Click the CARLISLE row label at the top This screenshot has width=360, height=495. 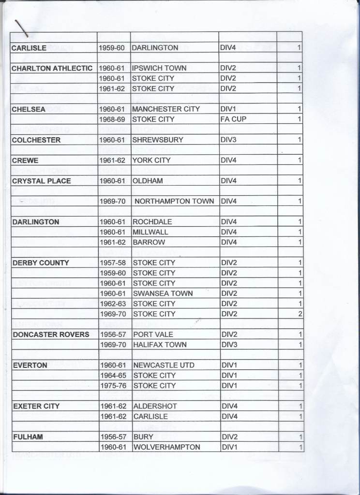[x=29, y=48]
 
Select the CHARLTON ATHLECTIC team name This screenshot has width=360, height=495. [x=52, y=68]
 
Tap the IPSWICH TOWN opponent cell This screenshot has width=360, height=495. [x=159, y=68]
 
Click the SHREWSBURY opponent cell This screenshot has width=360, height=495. [x=157, y=140]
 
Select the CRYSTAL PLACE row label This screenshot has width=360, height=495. [x=42, y=181]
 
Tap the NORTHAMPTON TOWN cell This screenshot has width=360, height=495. [x=174, y=201]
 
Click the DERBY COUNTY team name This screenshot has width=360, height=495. [x=41, y=263]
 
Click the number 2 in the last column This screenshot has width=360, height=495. [x=300, y=314]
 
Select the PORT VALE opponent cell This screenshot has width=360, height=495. [x=153, y=335]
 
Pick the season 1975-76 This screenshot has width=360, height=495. [x=113, y=386]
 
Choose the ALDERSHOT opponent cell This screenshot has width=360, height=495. [x=155, y=407]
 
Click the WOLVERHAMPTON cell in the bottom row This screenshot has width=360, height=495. [x=166, y=447]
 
